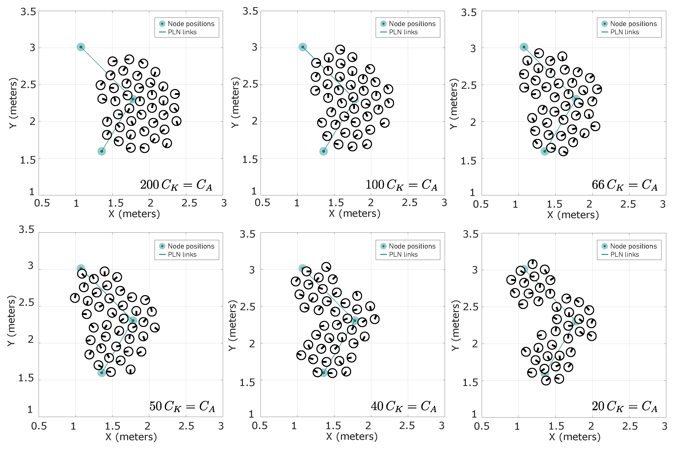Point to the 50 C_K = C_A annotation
pyautogui.click(x=182, y=406)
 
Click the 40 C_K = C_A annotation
pyautogui.click(x=404, y=406)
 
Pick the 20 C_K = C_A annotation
pyautogui.click(x=625, y=406)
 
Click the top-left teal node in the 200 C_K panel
pyautogui.click(x=81, y=47)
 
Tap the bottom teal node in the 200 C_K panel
pyautogui.click(x=102, y=151)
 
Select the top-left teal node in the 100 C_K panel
pyautogui.click(x=302, y=47)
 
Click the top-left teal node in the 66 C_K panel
pyautogui.click(x=524, y=47)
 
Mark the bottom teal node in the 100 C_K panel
pyautogui.click(x=323, y=151)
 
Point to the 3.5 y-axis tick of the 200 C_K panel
pyautogui.click(x=28, y=12)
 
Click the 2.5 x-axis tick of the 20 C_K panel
pyautogui.click(x=630, y=426)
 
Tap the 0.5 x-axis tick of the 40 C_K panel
pyautogui.click(x=259, y=426)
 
